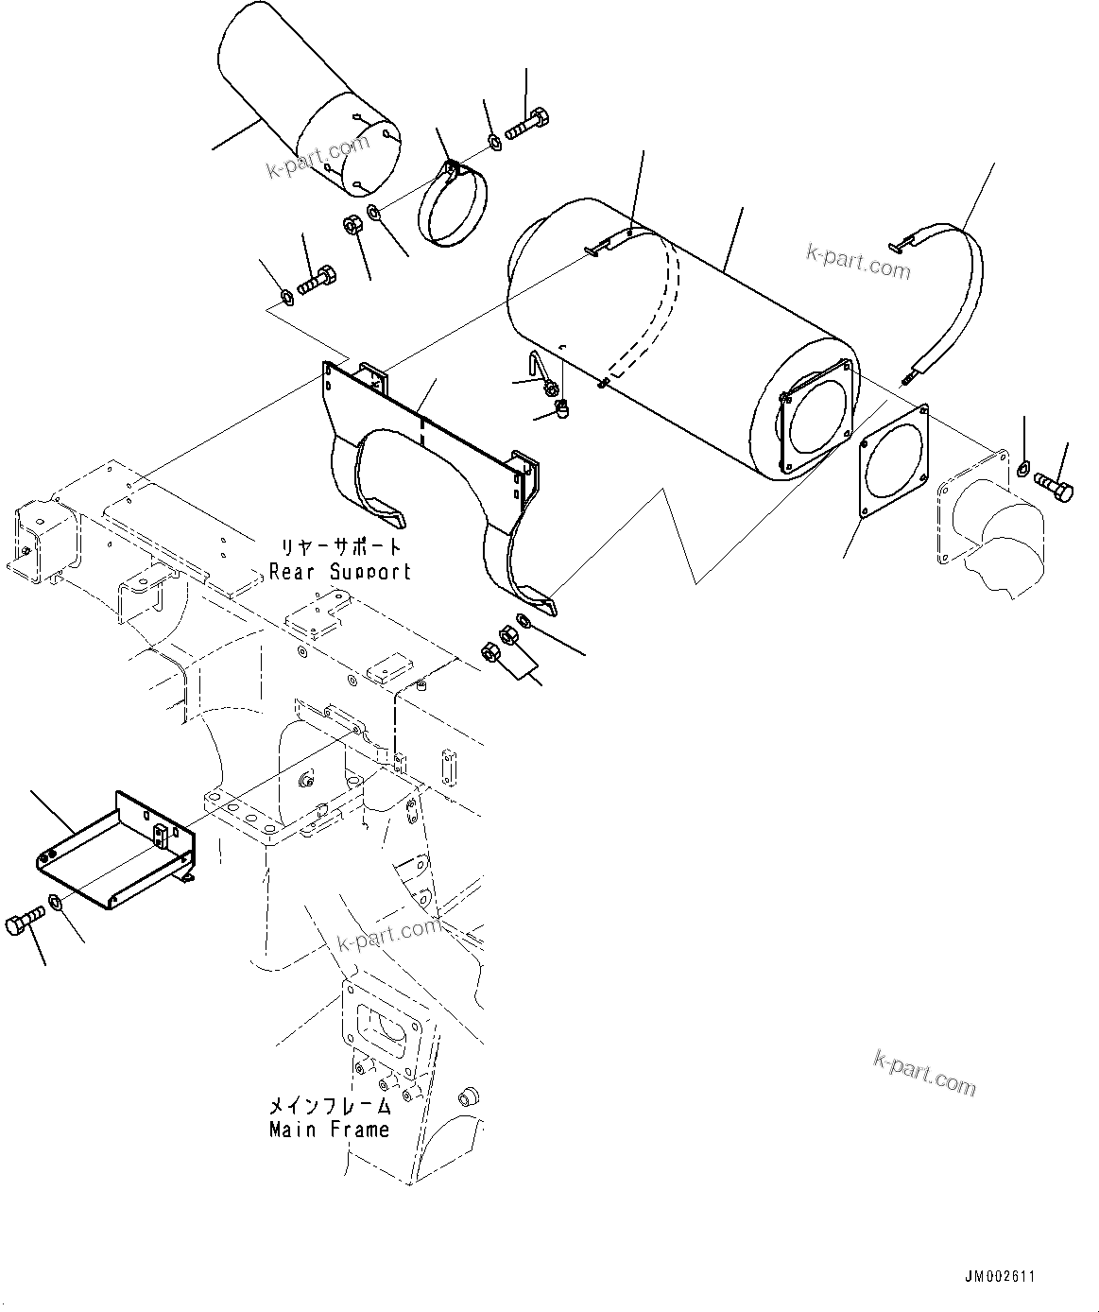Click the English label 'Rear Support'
339,572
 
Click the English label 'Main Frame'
329,1129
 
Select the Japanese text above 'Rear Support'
339,547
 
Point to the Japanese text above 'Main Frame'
329,1105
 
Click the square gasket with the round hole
893,463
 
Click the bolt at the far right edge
1054,488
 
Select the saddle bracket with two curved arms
435,473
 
